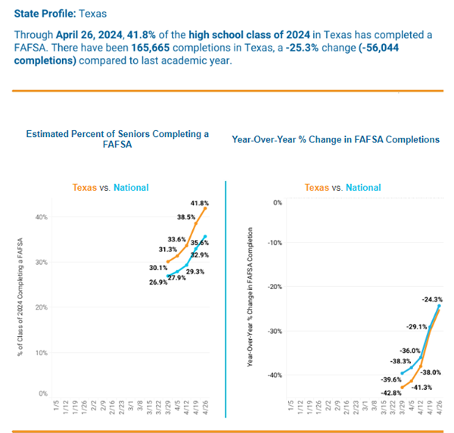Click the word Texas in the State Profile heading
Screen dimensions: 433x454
94,13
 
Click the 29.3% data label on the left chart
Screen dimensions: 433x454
195,272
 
